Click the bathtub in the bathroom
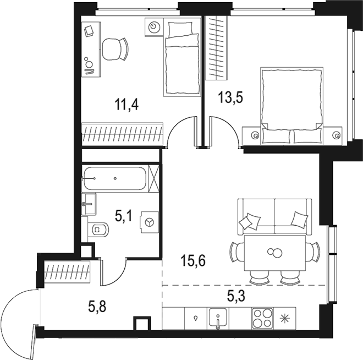[x=115, y=179]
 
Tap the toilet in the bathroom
[x=98, y=227]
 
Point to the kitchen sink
[x=218, y=318]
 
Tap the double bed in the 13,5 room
[x=291, y=105]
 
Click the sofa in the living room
[x=273, y=217]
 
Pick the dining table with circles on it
[x=273, y=253]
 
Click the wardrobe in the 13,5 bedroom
[x=216, y=48]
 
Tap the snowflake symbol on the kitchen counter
[x=285, y=318]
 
